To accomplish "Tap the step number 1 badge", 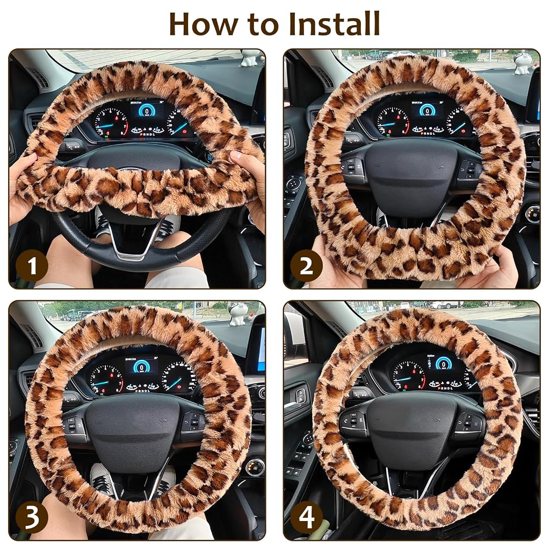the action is click(x=32, y=266).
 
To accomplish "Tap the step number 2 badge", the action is click(x=306, y=266).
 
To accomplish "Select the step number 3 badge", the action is click(x=32, y=517).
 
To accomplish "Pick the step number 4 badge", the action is click(x=306, y=517).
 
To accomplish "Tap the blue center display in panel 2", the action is click(x=427, y=110).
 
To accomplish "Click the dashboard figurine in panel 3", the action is click(x=240, y=314).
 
